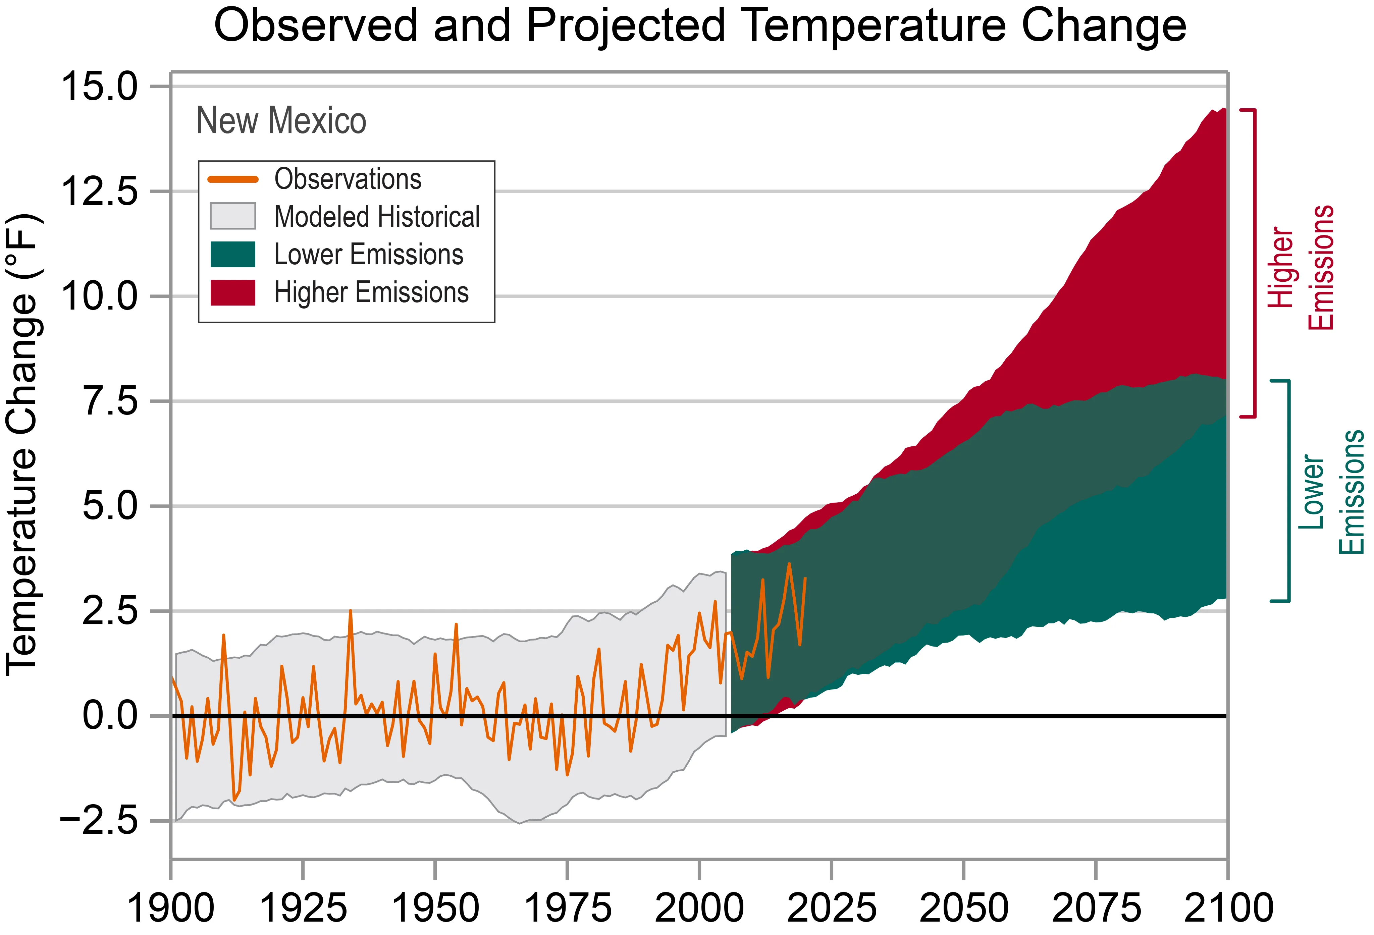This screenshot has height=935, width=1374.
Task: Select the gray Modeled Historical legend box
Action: point(233,216)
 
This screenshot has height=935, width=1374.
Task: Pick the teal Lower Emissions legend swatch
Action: point(233,254)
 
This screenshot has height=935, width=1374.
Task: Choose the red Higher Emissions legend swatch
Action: point(233,292)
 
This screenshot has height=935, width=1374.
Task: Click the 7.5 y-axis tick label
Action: point(111,402)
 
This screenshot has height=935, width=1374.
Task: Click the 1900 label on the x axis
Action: point(171,909)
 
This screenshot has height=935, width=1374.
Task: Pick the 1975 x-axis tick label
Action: point(568,909)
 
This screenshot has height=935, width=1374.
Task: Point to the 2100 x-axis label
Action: point(1228,909)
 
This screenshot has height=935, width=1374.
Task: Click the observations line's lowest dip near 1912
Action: point(235,800)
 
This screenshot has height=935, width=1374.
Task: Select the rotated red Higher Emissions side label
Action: point(1301,267)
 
